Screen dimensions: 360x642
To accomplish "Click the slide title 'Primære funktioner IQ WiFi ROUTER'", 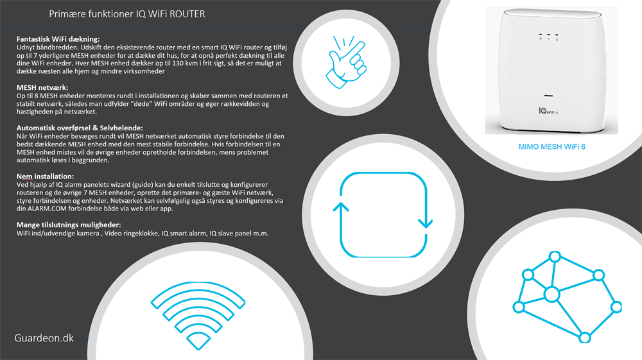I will tap(127, 13).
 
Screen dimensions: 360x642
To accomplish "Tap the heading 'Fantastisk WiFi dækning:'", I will tap(58, 40).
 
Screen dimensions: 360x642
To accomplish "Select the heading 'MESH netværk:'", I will tap(42, 87).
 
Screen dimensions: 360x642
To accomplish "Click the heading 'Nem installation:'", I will tap(45, 176).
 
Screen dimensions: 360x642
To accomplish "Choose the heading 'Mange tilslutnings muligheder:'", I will tap(69, 225).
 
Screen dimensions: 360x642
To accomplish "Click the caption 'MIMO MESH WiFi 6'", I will tap(551, 147).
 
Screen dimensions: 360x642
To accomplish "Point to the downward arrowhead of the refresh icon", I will tap(425, 222).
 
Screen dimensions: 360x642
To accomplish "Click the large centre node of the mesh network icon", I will tap(551, 295).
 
